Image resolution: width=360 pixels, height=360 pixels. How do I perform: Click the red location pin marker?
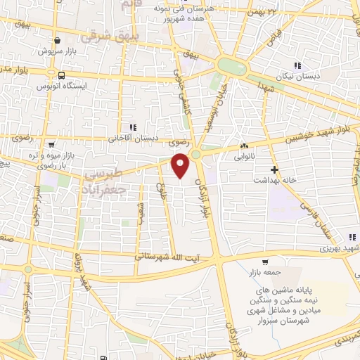(x=181, y=166)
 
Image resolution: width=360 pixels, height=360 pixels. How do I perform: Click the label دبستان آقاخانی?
(x=131, y=137)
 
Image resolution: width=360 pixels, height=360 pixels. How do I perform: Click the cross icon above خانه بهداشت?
(x=274, y=169)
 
